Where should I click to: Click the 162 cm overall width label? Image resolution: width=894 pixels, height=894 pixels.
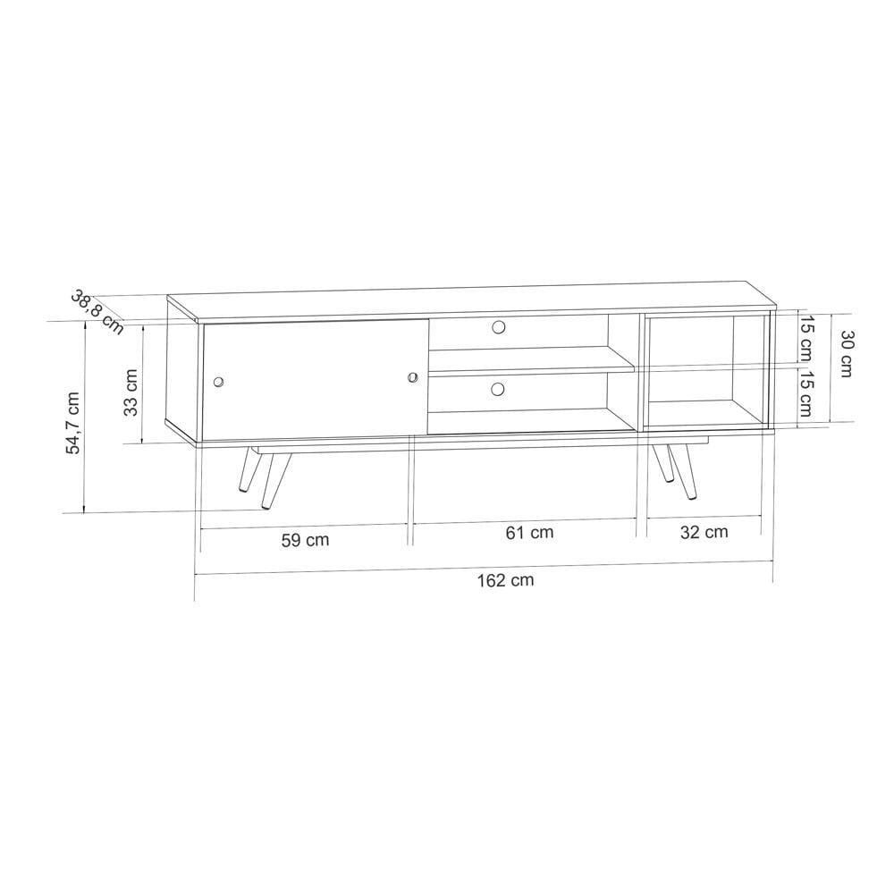tap(505, 580)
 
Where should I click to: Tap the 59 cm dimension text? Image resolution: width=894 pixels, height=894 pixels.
tap(305, 540)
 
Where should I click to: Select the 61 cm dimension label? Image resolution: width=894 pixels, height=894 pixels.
tap(529, 533)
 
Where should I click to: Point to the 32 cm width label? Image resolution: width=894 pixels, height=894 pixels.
tap(704, 532)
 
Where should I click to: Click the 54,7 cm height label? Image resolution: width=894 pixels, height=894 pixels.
tap(74, 423)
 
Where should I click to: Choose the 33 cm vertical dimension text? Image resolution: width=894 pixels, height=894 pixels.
tap(131, 392)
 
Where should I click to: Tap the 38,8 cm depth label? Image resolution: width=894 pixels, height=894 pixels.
tap(97, 312)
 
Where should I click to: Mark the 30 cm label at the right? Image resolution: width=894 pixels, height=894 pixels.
tap(845, 353)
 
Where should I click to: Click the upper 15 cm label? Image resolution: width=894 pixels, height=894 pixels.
tap(806, 339)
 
